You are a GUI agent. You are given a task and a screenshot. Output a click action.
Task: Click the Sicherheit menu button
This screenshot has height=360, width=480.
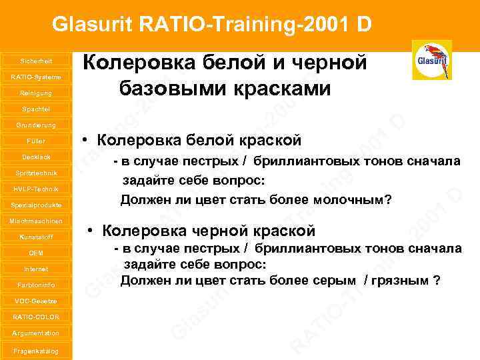pos(36,61)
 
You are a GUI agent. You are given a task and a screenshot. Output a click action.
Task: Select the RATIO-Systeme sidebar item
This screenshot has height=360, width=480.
pos(36,77)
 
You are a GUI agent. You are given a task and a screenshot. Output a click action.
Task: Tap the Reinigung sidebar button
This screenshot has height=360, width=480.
pos(36,93)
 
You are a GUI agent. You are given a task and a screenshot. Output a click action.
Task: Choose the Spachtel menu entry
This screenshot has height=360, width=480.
pos(36,109)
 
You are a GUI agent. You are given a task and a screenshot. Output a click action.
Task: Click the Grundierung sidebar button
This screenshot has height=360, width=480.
pos(36,125)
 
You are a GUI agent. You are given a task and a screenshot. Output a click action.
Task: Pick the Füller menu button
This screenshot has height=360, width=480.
pos(36,141)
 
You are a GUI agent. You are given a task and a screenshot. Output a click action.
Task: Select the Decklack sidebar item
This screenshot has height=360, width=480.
pos(36,157)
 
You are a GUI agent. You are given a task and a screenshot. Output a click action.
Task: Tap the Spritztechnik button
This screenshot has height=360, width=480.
pos(36,173)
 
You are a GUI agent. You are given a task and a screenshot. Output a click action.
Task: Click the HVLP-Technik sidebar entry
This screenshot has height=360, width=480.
pos(36,189)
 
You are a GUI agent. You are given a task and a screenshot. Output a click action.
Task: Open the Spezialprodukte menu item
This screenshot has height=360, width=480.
pos(36,205)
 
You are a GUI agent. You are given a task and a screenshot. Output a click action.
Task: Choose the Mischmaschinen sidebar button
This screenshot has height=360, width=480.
pos(36,221)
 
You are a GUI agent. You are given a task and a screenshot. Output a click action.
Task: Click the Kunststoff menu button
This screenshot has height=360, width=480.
pos(36,237)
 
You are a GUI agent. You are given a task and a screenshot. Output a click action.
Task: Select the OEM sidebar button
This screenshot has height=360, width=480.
pos(36,253)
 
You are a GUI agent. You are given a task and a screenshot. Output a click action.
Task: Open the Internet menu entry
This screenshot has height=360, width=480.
pos(36,269)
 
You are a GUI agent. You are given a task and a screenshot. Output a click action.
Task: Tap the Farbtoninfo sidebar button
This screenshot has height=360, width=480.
pos(36,285)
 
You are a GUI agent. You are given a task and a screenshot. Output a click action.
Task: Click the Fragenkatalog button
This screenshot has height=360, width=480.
pos(36,351)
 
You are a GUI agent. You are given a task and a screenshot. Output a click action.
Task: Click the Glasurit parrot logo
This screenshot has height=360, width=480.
pos(431,60)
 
